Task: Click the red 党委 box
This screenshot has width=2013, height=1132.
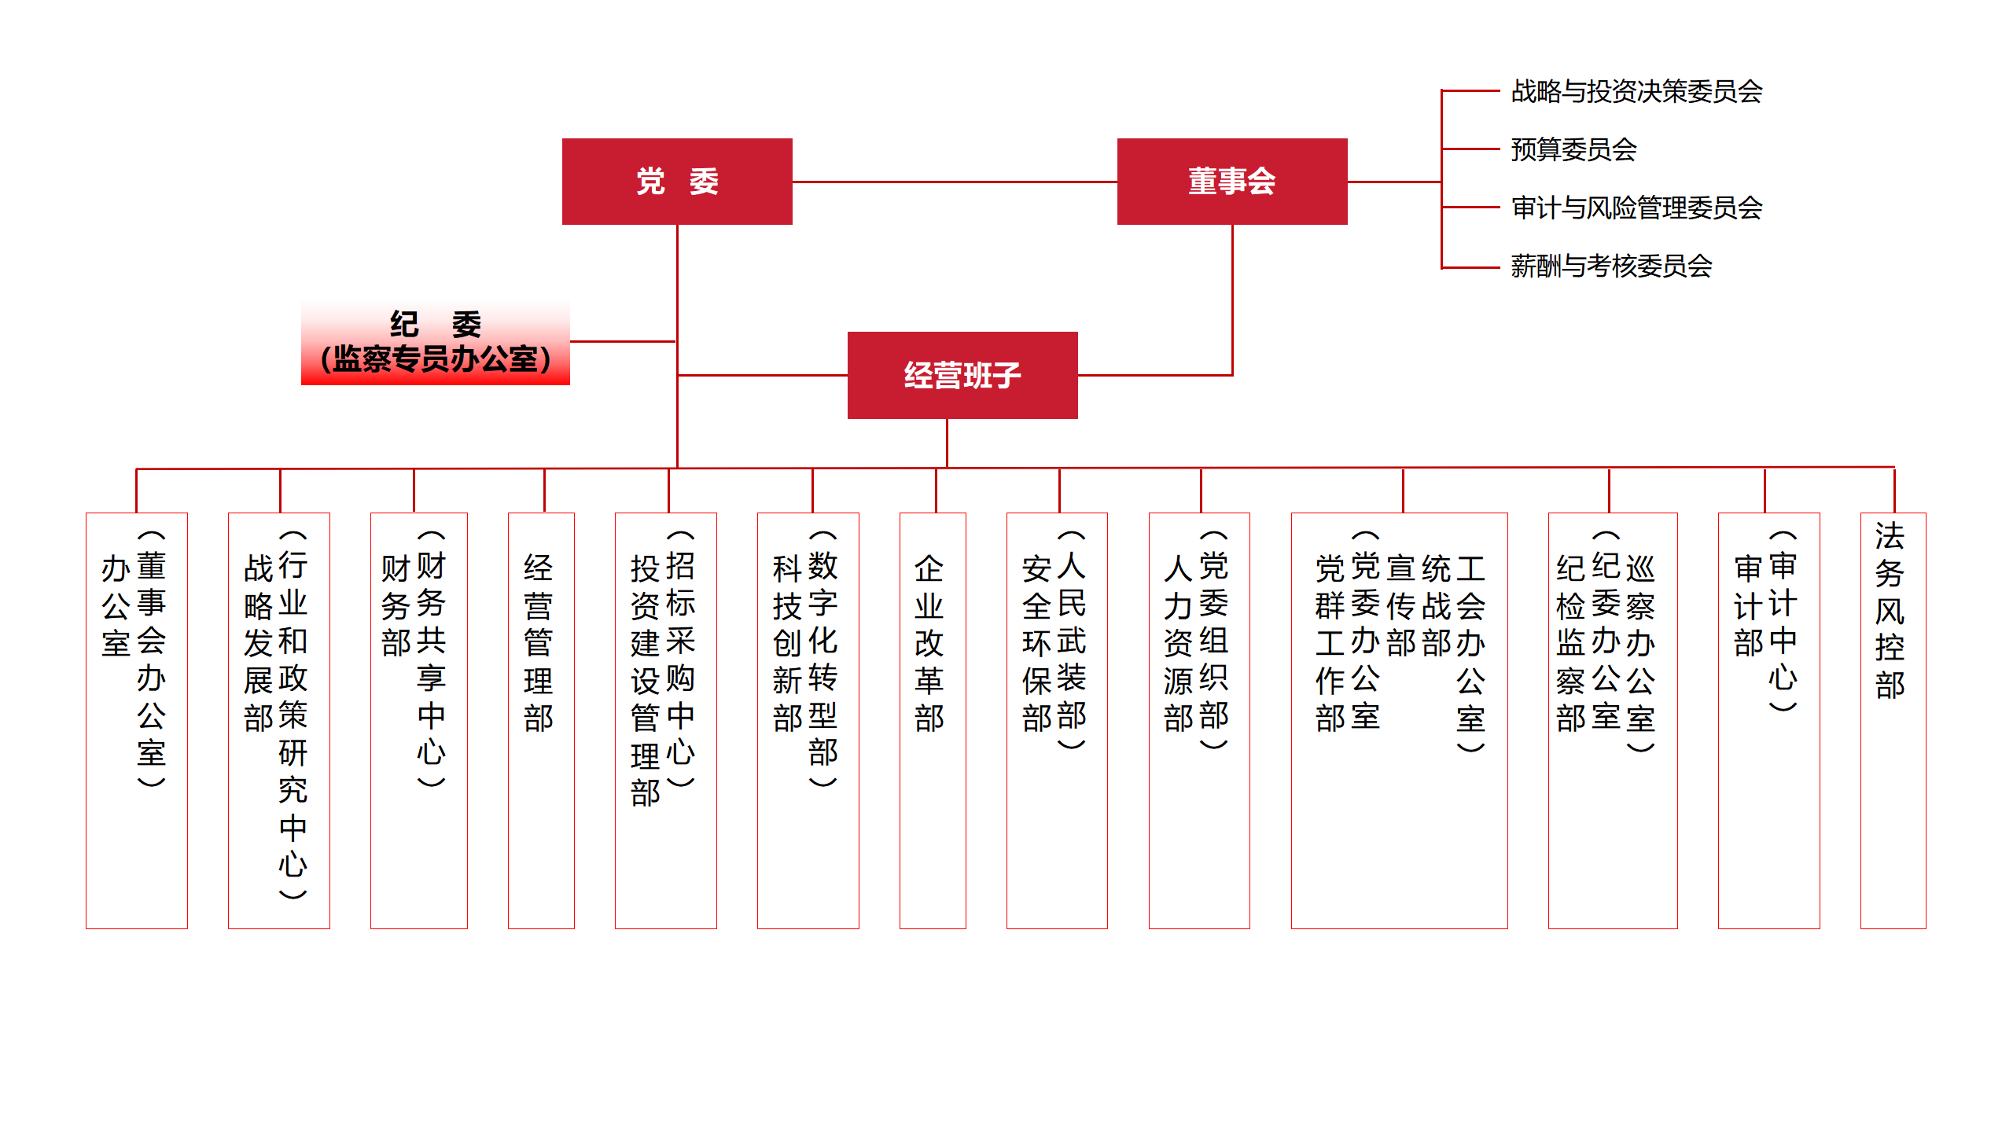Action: [x=677, y=182]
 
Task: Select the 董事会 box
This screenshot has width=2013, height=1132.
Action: [x=1232, y=182]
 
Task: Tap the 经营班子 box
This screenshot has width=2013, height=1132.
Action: [x=962, y=375]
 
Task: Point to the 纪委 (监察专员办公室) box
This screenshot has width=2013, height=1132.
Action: [x=436, y=343]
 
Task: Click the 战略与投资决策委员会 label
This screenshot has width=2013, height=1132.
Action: [x=1636, y=92]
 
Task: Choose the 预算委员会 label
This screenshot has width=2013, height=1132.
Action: [x=1573, y=149]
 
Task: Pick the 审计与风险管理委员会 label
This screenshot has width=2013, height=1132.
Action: [x=1636, y=208]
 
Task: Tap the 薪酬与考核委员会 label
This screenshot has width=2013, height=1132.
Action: [x=1611, y=266]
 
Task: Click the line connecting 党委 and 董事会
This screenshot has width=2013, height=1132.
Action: [x=955, y=182]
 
